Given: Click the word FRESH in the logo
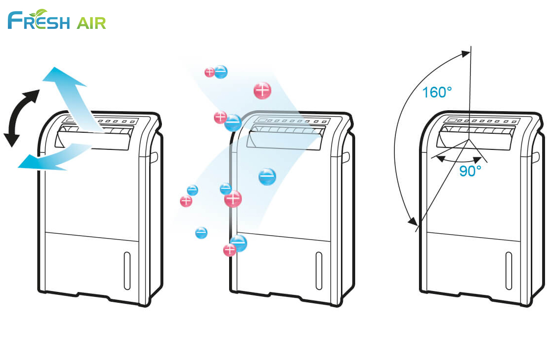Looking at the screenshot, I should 38,22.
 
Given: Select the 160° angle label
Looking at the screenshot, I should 437,92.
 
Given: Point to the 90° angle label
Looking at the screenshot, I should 470,171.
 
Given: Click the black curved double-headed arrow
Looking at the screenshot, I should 21,118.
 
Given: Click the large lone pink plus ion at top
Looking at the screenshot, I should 262,90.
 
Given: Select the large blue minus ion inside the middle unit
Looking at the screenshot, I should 267,176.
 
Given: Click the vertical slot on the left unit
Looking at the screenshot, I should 127,270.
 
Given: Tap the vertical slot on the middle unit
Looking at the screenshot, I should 319,270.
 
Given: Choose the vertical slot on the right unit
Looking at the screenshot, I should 509,270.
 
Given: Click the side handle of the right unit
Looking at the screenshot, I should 538,157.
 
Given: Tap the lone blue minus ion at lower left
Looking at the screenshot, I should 201,233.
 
